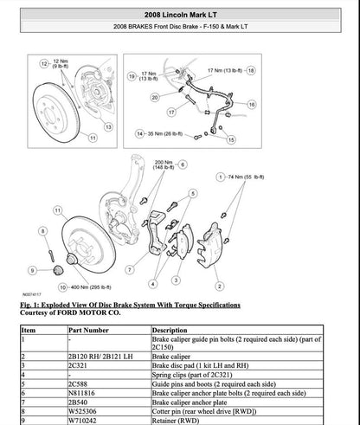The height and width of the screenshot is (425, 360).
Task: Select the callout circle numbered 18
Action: click(x=252, y=69)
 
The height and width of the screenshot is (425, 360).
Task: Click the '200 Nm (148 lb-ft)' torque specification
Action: click(x=162, y=165)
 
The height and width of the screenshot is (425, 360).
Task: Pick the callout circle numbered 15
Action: click(x=230, y=138)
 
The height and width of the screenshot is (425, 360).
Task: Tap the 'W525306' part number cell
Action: click(x=82, y=412)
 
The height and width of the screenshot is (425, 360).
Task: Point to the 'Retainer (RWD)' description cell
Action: click(x=176, y=421)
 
